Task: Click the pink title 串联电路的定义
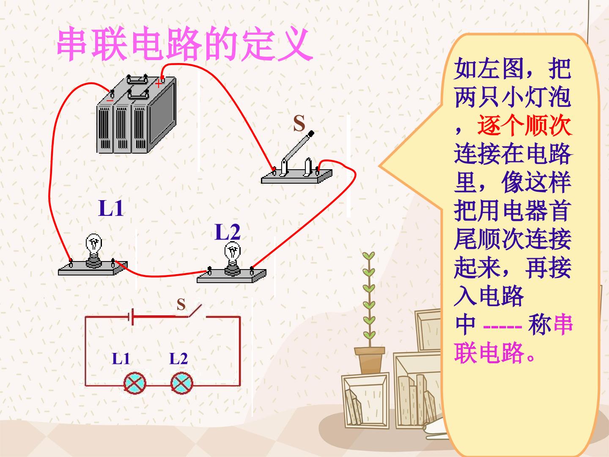pyautogui.click(x=185, y=44)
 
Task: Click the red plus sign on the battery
pyautogui.click(x=159, y=83)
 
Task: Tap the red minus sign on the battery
pyautogui.click(x=110, y=100)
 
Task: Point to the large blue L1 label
pyautogui.click(x=111, y=208)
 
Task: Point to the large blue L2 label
pyautogui.click(x=228, y=232)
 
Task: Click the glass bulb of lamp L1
pyautogui.click(x=93, y=245)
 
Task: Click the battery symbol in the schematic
pyautogui.click(x=131, y=317)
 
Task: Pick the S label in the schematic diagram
pyautogui.click(x=181, y=304)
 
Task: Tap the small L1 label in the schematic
pyautogui.click(x=121, y=358)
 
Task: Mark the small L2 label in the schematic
pyautogui.click(x=178, y=358)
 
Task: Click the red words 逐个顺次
pyautogui.click(x=524, y=126)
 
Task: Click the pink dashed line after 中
pyautogui.click(x=502, y=327)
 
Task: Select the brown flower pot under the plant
pyautogui.click(x=370, y=360)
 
